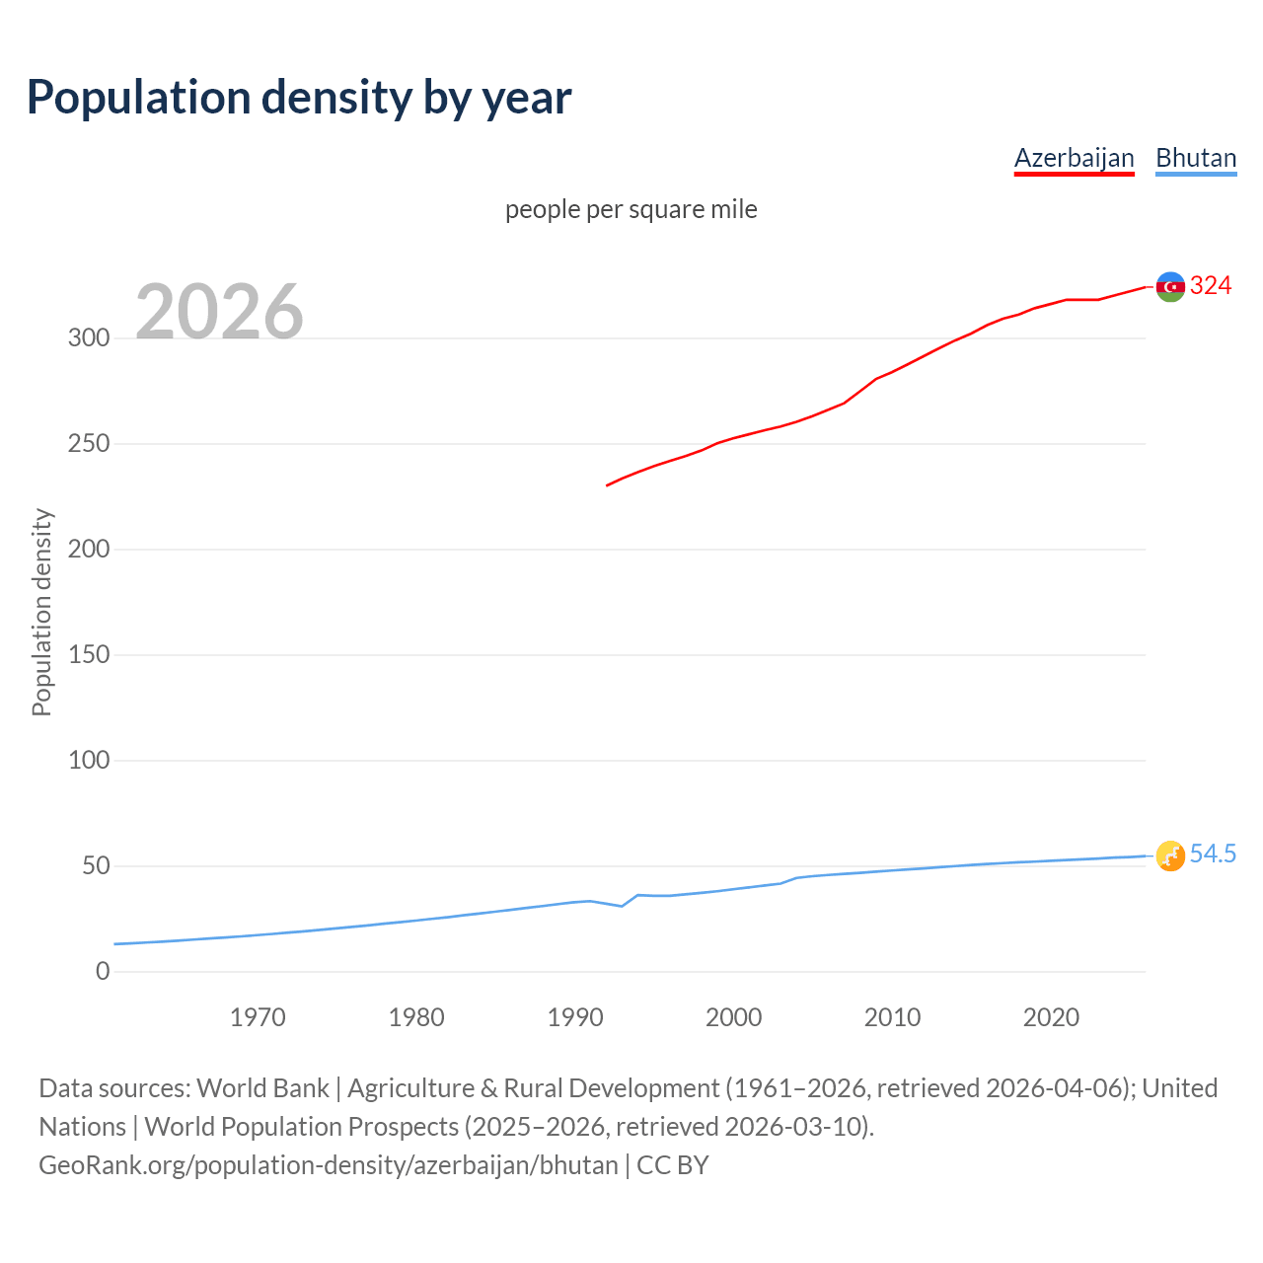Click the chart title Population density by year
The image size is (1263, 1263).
299,98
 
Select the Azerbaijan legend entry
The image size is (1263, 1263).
1074,158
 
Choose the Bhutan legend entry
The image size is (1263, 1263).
1196,158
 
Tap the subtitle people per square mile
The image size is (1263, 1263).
631,209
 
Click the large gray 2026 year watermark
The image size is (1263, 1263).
219,312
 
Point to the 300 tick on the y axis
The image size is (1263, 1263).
89,338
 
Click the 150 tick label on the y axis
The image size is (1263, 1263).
89,655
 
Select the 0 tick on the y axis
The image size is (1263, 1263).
103,972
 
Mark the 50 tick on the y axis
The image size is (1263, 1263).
96,866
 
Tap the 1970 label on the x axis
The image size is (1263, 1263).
258,1017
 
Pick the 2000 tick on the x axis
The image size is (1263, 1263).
734,1017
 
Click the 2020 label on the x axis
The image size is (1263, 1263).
1051,1017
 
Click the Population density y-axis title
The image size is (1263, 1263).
41,612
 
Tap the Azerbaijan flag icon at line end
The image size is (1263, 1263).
1170,286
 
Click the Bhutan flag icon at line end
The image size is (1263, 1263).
1170,855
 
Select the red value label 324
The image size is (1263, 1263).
1211,286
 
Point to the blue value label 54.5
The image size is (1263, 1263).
1213,854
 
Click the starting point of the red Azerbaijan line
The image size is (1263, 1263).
607,485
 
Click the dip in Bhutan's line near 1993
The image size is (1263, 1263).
622,906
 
